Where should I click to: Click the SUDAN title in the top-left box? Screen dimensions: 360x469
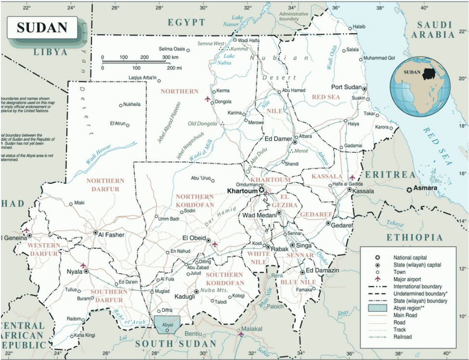42,27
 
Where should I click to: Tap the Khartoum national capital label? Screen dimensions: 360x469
242,191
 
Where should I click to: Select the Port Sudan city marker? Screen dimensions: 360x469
365,89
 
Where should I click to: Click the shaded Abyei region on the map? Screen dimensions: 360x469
167,324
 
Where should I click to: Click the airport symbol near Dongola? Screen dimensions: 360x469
208,99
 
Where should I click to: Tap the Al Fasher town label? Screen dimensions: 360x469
111,235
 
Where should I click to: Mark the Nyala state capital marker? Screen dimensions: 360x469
86,271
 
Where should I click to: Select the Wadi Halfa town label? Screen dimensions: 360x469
249,40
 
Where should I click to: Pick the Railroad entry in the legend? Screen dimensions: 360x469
403,337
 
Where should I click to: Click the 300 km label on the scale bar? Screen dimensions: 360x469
170,57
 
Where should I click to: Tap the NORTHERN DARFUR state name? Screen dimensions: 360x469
103,185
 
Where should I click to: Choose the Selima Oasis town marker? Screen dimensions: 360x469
188,49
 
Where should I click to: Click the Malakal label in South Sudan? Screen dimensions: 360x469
252,329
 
